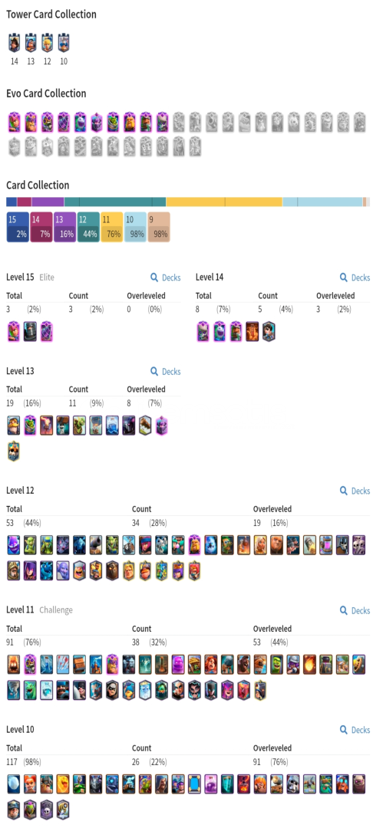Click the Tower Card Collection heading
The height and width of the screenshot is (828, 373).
pyautogui.click(x=51, y=15)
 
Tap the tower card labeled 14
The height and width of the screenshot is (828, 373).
pyautogui.click(x=15, y=42)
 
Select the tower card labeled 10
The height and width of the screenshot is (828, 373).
pyautogui.click(x=64, y=42)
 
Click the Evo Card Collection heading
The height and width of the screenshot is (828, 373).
pyautogui.click(x=46, y=94)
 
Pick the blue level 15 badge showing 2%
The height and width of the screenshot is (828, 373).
pyautogui.click(x=18, y=227)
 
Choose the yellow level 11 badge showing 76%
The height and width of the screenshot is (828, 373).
pyautogui.click(x=111, y=227)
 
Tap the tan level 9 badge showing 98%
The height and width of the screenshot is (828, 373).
pyautogui.click(x=159, y=227)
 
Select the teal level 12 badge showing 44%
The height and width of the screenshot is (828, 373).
pyautogui.click(x=88, y=227)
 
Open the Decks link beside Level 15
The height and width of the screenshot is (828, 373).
pyautogui.click(x=165, y=278)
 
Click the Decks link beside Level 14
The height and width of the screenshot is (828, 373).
pyautogui.click(x=355, y=278)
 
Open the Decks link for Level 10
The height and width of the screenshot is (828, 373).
pyautogui.click(x=355, y=730)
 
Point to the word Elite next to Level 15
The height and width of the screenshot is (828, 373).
pyautogui.click(x=47, y=278)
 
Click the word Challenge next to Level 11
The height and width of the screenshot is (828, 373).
pyautogui.click(x=56, y=610)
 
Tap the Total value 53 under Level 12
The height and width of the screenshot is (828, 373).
pyautogui.click(x=12, y=523)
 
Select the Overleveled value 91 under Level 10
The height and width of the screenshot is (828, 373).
pyautogui.click(x=259, y=762)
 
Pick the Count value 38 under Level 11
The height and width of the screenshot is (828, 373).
pyautogui.click(x=137, y=642)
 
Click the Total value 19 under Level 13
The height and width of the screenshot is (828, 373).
pyautogui.click(x=11, y=403)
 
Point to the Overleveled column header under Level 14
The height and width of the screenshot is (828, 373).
pyautogui.click(x=335, y=296)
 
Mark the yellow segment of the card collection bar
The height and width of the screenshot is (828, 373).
pyautogui.click(x=224, y=202)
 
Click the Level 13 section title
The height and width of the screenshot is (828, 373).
pyautogui.click(x=20, y=371)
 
